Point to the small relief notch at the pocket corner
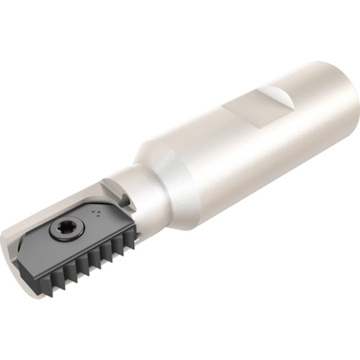(x=115, y=198)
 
